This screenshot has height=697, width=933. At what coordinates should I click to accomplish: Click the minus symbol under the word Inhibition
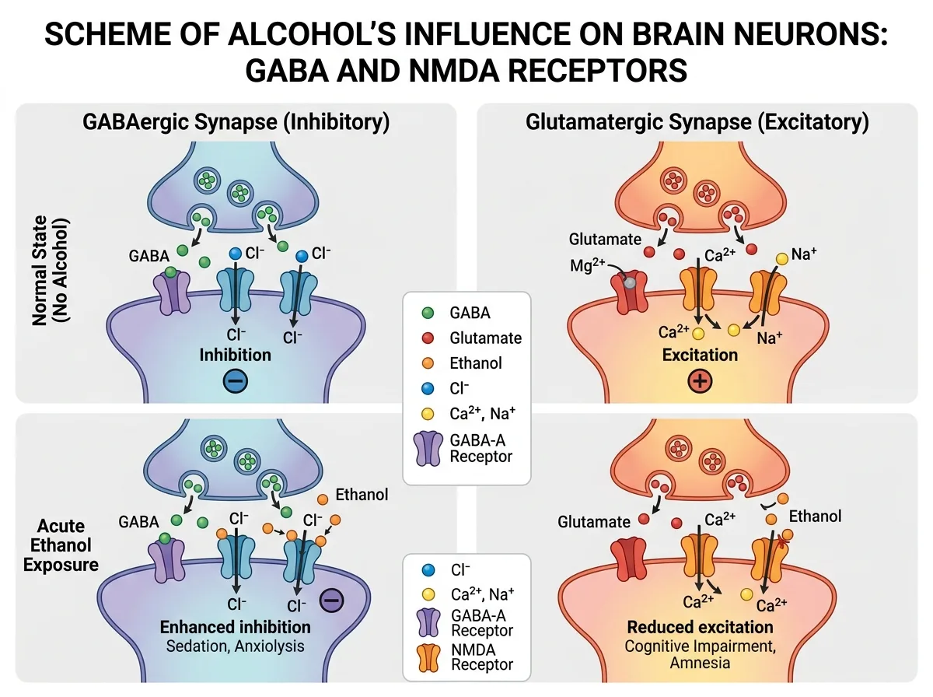(x=235, y=380)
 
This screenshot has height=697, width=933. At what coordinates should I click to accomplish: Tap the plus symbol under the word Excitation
(x=700, y=380)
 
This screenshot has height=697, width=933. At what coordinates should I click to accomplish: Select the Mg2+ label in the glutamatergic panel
(x=587, y=265)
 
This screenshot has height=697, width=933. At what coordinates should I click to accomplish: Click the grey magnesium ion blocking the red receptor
(x=630, y=282)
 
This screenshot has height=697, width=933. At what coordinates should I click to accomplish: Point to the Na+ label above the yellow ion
(x=803, y=254)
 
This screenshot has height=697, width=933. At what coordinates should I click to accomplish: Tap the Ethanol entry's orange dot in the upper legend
(x=428, y=363)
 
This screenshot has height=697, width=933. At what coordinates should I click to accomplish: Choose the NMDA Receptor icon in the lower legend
(x=428, y=658)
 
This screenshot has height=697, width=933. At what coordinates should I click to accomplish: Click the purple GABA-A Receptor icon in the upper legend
(x=428, y=449)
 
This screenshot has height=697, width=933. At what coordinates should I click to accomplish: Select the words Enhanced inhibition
(x=235, y=627)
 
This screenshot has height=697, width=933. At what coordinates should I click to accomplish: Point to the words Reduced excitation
(x=700, y=627)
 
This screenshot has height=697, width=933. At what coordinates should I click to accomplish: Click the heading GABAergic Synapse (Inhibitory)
(x=236, y=122)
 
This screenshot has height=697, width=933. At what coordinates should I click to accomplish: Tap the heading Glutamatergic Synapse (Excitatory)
(x=697, y=122)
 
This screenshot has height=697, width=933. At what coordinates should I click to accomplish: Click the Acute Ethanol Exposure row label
(x=61, y=545)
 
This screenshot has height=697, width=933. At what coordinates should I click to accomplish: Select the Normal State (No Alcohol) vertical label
(x=51, y=271)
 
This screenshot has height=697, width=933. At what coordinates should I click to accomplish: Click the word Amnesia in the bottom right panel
(x=700, y=663)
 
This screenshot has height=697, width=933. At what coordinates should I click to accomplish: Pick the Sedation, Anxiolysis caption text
(x=235, y=646)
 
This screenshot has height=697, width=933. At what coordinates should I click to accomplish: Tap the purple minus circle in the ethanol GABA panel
(x=331, y=601)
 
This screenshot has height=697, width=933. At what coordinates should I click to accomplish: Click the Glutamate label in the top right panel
(x=605, y=240)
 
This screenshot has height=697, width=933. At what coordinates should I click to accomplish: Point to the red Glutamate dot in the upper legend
(x=428, y=338)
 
